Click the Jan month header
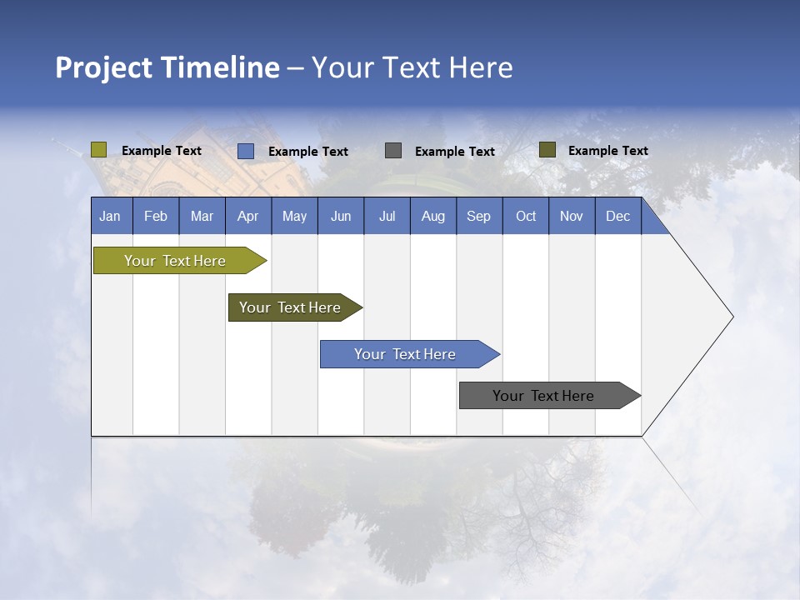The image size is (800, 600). click(x=110, y=216)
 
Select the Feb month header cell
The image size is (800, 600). click(x=156, y=216)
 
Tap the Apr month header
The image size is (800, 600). click(x=248, y=216)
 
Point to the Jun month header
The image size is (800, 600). click(x=341, y=216)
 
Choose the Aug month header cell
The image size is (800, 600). click(x=433, y=216)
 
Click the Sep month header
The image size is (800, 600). click(x=479, y=216)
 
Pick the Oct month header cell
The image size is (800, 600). click(x=526, y=216)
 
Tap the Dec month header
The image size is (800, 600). click(x=618, y=216)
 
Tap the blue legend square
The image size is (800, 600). click(x=246, y=151)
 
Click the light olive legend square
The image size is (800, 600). click(x=99, y=150)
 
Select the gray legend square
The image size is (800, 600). click(x=393, y=151)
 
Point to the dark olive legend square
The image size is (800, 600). click(x=547, y=150)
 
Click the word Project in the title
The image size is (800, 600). click(x=103, y=67)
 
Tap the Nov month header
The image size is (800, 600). click(x=572, y=216)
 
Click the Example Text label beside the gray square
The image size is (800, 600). click(x=455, y=152)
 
